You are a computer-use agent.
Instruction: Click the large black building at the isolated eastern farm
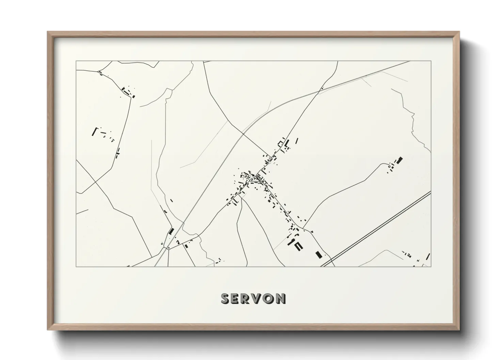pyautogui.click(x=400, y=160)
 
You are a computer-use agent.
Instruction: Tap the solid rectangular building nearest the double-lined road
pyautogui.click(x=319, y=255)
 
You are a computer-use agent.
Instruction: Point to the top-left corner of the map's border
pyautogui.click(x=76, y=61)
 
